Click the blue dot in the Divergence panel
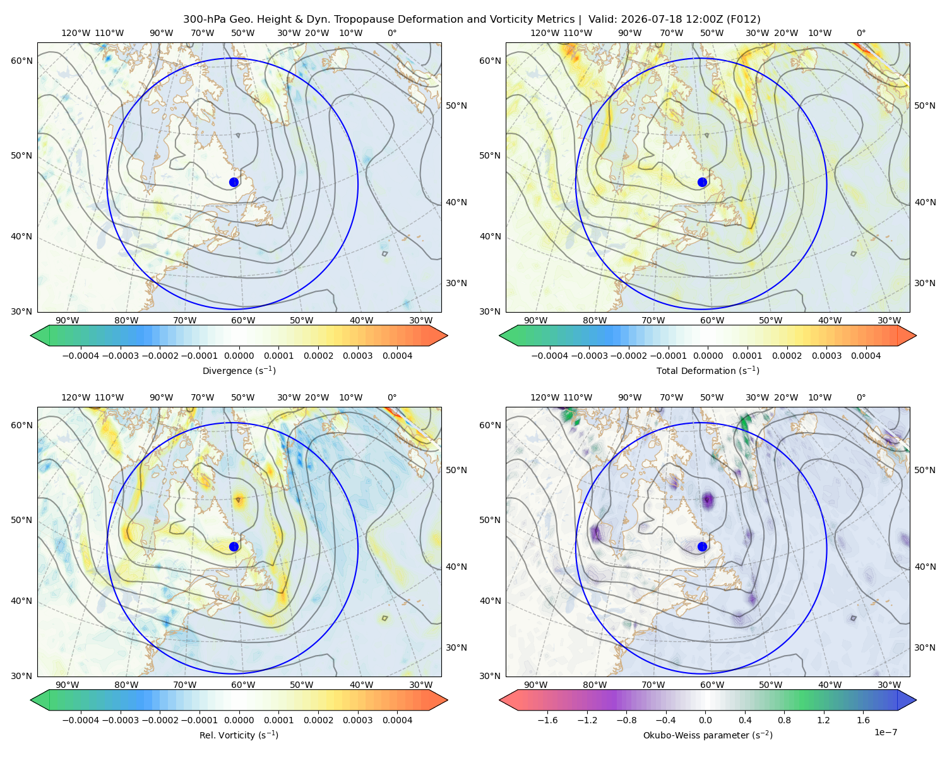click(234, 183)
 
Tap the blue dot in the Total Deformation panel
click(702, 183)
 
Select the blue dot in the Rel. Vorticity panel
click(234, 546)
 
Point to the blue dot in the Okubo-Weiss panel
click(702, 546)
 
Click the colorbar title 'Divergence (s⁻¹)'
click(239, 370)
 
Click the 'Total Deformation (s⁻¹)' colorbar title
click(708, 370)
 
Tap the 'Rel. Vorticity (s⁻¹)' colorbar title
click(239, 735)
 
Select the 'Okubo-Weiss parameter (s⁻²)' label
click(708, 735)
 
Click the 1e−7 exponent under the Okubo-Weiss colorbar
click(885, 732)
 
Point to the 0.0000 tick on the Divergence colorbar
click(239, 356)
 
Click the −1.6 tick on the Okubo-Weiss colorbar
click(547, 720)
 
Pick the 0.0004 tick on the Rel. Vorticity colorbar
click(397, 720)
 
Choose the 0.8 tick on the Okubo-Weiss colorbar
click(784, 720)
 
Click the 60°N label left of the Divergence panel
click(21, 61)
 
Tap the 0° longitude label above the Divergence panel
click(392, 33)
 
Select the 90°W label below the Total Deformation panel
click(535, 320)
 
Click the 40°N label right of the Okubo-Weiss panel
click(925, 567)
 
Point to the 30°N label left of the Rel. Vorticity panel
click(21, 676)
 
